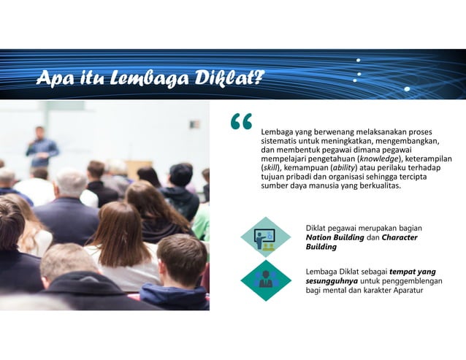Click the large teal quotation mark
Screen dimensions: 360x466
[241, 123]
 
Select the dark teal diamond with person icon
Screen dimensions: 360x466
[265, 280]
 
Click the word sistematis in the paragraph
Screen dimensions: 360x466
[280, 140]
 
